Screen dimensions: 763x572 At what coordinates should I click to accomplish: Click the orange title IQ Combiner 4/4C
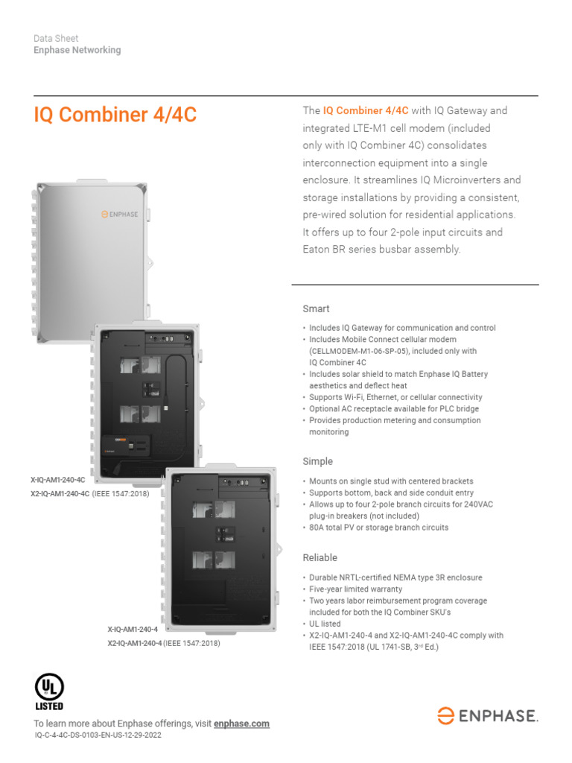(x=115, y=115)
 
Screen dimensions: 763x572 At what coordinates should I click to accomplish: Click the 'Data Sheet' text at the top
(x=56, y=38)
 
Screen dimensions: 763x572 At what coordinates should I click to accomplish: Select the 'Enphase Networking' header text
(x=77, y=50)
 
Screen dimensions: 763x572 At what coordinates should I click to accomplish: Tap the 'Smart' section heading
(x=316, y=308)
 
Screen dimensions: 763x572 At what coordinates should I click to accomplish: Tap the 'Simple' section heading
(x=317, y=461)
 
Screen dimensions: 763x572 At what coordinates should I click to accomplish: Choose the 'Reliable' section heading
(x=320, y=557)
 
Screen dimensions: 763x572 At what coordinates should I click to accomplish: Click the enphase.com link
(x=241, y=724)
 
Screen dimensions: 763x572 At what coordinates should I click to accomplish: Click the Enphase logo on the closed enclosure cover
(x=120, y=214)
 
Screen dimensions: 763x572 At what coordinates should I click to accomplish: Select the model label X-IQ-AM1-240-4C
(x=58, y=481)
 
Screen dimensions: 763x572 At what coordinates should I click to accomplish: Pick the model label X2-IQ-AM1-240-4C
(x=60, y=493)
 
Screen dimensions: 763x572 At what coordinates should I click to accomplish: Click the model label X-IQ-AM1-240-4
(x=133, y=630)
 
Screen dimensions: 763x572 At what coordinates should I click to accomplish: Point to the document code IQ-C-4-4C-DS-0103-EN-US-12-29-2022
(x=98, y=735)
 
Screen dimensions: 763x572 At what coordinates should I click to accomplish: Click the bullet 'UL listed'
(x=325, y=624)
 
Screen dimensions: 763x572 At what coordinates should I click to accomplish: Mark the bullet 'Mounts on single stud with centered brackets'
(x=391, y=481)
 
